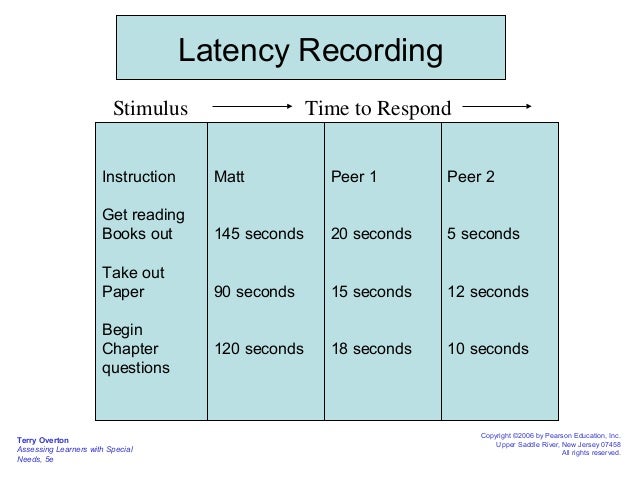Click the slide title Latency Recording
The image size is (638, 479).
click(x=310, y=49)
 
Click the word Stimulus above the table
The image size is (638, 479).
click(x=150, y=108)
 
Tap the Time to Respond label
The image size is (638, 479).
click(x=378, y=108)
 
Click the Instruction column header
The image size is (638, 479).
click(x=139, y=177)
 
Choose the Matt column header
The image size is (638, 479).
click(x=230, y=177)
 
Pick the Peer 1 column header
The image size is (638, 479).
click(x=354, y=177)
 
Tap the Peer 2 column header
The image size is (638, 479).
click(x=471, y=177)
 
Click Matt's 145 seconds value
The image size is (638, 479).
click(x=259, y=234)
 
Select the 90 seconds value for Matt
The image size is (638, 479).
click(x=255, y=292)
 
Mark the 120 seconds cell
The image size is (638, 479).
click(x=259, y=349)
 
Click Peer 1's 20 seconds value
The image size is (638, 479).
click(x=371, y=234)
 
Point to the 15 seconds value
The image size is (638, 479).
click(x=371, y=292)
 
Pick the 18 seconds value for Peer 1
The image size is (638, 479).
click(x=371, y=349)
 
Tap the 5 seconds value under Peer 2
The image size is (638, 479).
click(x=483, y=234)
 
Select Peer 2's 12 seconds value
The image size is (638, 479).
click(x=487, y=292)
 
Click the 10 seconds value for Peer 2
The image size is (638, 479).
click(x=487, y=349)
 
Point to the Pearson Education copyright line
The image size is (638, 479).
click(x=550, y=436)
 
